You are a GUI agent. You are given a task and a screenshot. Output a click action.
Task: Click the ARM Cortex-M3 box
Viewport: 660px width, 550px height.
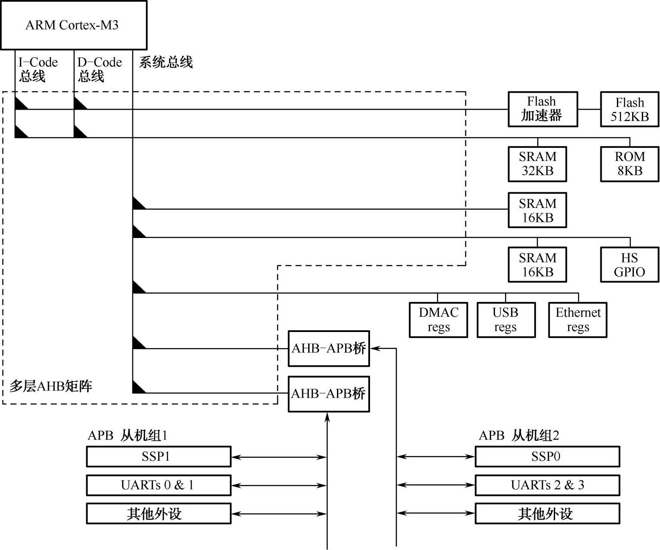73,25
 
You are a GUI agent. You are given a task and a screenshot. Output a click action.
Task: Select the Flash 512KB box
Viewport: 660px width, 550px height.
629,109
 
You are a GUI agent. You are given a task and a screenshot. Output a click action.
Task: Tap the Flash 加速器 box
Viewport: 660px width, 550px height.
542,109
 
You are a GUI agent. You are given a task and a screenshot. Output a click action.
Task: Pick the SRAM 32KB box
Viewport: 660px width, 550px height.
537,164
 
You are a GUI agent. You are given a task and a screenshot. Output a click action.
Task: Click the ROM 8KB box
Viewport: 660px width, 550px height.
629,164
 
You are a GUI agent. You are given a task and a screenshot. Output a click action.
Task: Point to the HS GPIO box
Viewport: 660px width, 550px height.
629,265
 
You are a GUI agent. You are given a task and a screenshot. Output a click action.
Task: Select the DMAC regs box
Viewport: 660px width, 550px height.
438,320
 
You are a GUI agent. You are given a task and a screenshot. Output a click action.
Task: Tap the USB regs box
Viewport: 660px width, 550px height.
506,320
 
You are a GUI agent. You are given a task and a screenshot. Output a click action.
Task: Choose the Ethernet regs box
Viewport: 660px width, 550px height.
577,320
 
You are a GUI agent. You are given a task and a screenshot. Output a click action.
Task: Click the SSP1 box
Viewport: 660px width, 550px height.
158,456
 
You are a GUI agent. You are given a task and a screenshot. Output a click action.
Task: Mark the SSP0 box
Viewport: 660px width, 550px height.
547,456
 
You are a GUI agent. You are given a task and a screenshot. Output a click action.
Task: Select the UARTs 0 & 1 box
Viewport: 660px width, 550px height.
158,485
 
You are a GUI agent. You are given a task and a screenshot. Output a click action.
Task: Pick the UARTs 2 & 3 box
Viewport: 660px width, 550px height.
547,485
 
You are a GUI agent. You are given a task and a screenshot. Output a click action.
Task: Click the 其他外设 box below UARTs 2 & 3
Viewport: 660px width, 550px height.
547,514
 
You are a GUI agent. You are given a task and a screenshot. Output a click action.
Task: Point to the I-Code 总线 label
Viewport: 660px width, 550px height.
38,69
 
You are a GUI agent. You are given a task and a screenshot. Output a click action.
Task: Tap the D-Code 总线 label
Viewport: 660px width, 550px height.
99,69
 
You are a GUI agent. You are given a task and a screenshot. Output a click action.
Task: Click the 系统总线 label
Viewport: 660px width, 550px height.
165,63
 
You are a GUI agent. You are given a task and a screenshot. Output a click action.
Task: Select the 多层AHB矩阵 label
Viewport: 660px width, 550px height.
51,386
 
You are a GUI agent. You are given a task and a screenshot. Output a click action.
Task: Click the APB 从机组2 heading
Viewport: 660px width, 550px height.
519,436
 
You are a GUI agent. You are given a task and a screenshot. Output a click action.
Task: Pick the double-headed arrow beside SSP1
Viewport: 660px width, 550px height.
279,457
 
